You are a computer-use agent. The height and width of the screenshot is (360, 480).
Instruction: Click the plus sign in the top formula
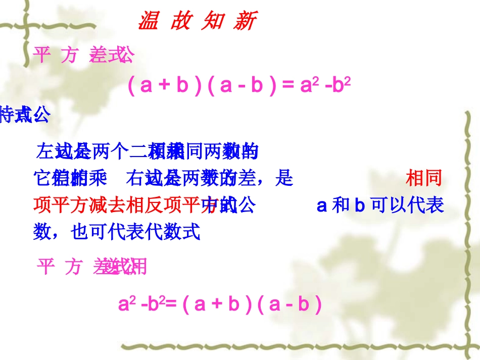click(163, 85)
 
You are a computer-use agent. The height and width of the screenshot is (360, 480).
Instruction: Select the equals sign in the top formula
click(287, 85)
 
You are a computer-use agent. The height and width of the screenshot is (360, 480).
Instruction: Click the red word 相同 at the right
click(423, 178)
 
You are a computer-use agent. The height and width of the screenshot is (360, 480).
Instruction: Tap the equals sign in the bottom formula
click(170, 305)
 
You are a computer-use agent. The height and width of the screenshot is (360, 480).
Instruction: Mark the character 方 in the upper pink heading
click(69, 56)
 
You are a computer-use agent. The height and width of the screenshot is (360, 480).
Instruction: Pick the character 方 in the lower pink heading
click(73, 266)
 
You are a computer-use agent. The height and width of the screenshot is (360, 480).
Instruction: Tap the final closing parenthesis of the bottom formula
click(318, 305)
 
